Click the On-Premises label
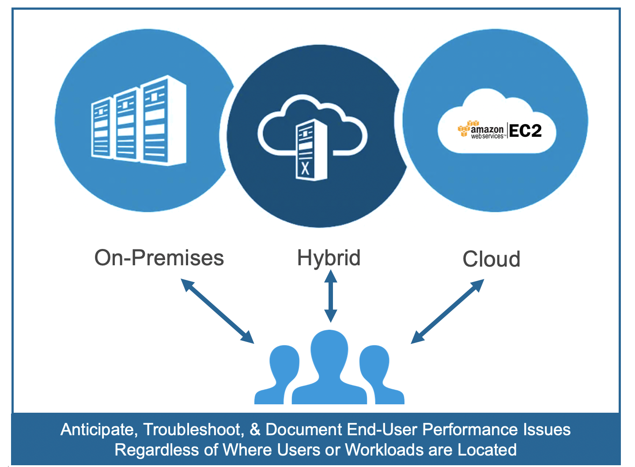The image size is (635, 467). (159, 258)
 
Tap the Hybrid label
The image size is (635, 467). (329, 258)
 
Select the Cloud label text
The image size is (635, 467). (491, 259)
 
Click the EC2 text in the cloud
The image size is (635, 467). (525, 131)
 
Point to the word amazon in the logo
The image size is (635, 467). (487, 129)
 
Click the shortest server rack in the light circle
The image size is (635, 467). (101, 128)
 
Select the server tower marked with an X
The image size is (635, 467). (310, 150)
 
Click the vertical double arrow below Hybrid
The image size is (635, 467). (330, 296)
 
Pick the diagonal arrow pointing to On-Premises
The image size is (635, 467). (218, 311)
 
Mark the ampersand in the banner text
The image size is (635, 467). (255, 429)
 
